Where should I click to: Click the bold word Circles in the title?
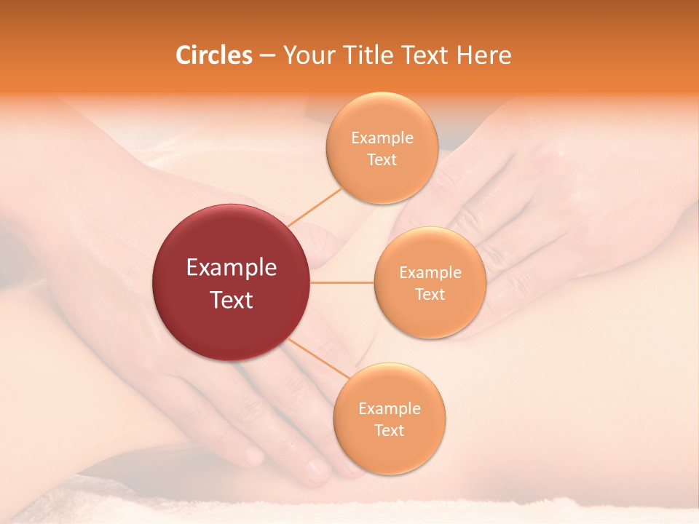pyautogui.click(x=214, y=55)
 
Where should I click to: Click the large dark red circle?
pyautogui.click(x=232, y=282)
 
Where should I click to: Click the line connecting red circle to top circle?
pyautogui.click(x=315, y=207)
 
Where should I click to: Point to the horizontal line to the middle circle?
pyautogui.click(x=342, y=282)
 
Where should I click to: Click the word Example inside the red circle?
pyautogui.click(x=232, y=268)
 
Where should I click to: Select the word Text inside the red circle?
pyautogui.click(x=232, y=299)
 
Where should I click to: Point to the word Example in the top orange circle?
pyautogui.click(x=382, y=138)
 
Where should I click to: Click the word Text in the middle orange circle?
pyautogui.click(x=430, y=295)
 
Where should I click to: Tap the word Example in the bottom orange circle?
pyautogui.click(x=390, y=409)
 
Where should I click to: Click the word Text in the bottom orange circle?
pyautogui.click(x=390, y=430)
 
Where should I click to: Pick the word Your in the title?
pyautogui.click(x=305, y=55)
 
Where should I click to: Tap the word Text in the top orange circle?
pyautogui.click(x=382, y=159)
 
